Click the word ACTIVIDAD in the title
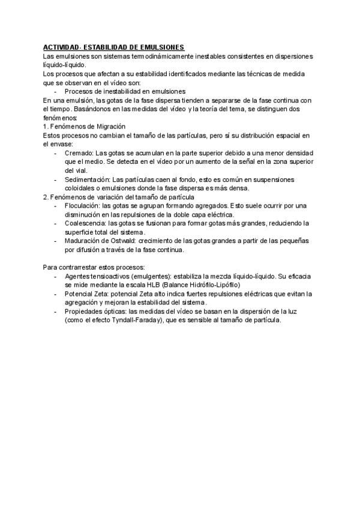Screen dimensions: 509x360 click(x=61, y=47)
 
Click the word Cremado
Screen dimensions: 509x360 click(x=79, y=153)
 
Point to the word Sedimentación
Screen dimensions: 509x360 click(x=87, y=179)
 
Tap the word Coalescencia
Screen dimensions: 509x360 click(x=85, y=223)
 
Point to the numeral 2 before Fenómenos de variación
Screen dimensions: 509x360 click(x=44, y=197)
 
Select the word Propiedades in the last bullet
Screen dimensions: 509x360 click(x=83, y=312)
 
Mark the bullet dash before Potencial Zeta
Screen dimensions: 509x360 click(x=56, y=294)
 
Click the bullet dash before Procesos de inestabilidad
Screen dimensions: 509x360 click(x=56, y=91)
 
